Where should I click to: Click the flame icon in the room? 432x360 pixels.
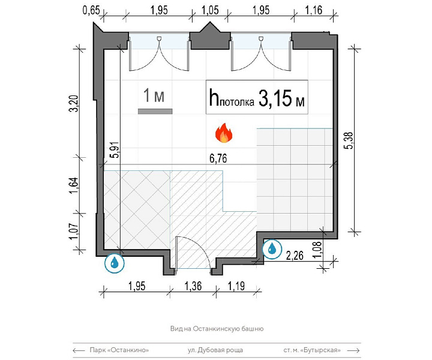click(224, 133)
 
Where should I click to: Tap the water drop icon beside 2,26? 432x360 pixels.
click(272, 249)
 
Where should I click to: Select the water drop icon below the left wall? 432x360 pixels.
click(115, 263)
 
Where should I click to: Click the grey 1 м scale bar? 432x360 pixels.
click(155, 111)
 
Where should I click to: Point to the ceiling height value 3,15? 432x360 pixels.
click(275, 98)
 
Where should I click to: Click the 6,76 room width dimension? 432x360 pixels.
click(218, 158)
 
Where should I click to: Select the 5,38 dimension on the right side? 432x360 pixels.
click(349, 140)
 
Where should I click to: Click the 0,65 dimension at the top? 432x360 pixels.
click(91, 10)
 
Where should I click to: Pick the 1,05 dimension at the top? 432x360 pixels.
click(210, 10)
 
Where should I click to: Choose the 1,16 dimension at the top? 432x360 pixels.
click(314, 10)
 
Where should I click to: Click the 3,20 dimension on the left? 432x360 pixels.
click(74, 103)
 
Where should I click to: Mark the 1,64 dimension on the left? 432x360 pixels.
click(74, 185)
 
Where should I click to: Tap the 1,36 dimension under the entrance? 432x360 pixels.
click(193, 286)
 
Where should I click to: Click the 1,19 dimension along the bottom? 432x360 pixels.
click(236, 286)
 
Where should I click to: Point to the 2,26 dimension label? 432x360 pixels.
click(295, 256)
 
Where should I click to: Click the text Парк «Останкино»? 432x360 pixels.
click(119, 350)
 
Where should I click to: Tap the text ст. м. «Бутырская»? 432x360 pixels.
click(312, 350)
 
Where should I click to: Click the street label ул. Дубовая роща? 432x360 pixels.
click(215, 350)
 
